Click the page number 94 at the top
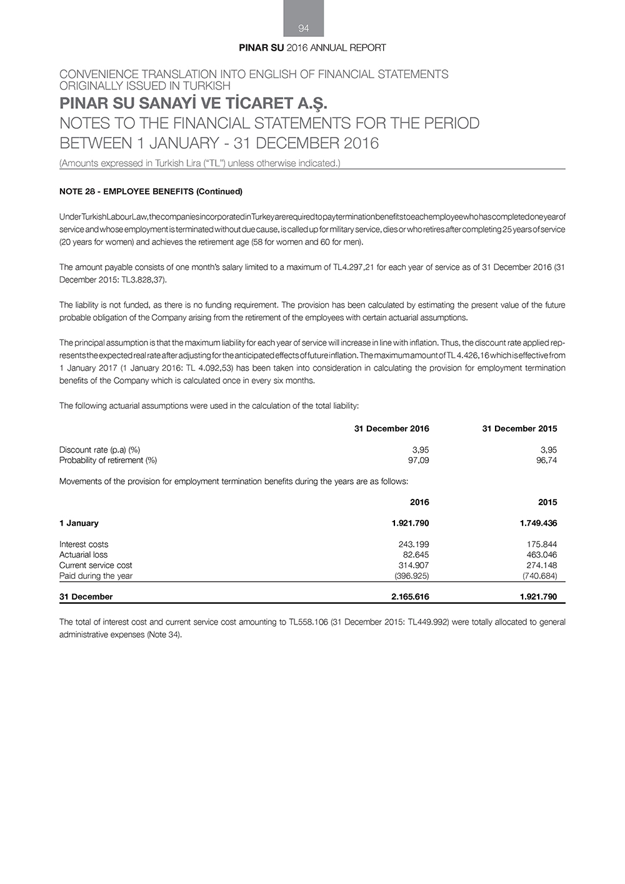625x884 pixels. tap(304, 28)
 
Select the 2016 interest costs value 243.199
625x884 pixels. tap(413, 544)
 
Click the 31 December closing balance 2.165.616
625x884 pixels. tap(410, 596)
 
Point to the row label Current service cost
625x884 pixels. tap(96, 565)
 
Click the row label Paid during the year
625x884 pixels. tap(96, 576)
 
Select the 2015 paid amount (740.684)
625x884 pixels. tap(539, 576)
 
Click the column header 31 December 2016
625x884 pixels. tap(391, 429)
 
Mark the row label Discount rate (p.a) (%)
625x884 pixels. tap(99, 450)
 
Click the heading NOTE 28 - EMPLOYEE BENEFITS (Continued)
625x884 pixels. tap(151, 191)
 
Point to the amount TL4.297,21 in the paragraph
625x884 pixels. tap(346, 268)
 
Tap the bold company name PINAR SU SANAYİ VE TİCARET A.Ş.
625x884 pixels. tap(193, 103)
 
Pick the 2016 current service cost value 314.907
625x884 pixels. tap(413, 565)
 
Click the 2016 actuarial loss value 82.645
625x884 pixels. tap(416, 555)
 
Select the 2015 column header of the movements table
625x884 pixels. tap(547, 502)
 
